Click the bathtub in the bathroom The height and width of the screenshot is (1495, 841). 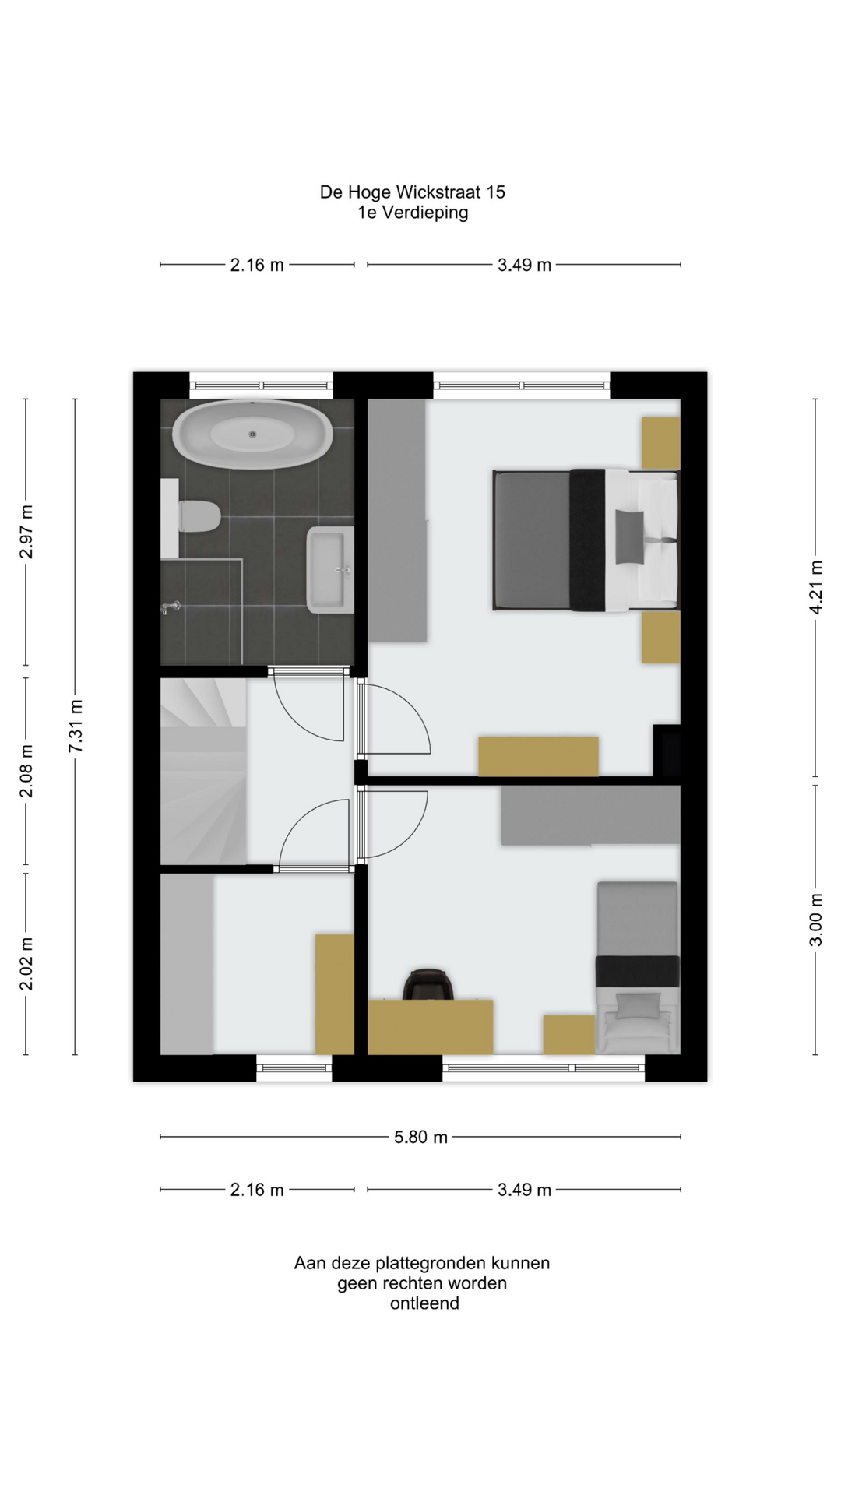(252, 434)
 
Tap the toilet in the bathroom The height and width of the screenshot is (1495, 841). (199, 516)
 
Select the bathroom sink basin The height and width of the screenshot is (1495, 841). (330, 569)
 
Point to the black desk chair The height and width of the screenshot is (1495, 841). (428, 983)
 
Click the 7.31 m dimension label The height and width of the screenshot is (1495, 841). (76, 726)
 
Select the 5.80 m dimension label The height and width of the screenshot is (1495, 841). (420, 1137)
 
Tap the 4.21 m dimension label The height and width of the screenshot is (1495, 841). (815, 588)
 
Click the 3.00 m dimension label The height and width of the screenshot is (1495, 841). (815, 920)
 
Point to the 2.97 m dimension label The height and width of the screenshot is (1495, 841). (26, 532)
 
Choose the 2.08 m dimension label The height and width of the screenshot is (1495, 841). (26, 771)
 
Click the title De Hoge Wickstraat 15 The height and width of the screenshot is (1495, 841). (413, 192)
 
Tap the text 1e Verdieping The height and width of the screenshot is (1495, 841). (413, 213)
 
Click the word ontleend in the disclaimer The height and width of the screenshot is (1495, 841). (424, 1303)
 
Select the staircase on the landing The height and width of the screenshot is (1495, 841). (203, 771)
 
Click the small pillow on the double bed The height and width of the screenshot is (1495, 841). (629, 536)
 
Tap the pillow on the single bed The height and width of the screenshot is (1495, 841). (638, 1005)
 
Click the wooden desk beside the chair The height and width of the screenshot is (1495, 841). (430, 1027)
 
